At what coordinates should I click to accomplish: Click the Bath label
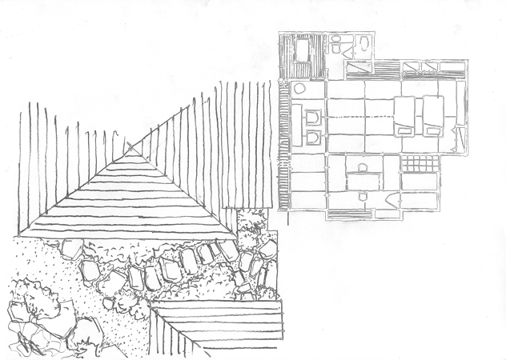tap(300, 50)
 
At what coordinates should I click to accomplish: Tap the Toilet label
tap(375, 50)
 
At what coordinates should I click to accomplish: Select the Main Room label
tap(368, 116)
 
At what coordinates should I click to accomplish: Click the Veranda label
tap(290, 162)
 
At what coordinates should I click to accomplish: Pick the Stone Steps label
tap(190, 270)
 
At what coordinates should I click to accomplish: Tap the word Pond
tap(59, 345)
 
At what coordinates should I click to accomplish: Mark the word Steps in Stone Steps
tap(211, 270)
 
